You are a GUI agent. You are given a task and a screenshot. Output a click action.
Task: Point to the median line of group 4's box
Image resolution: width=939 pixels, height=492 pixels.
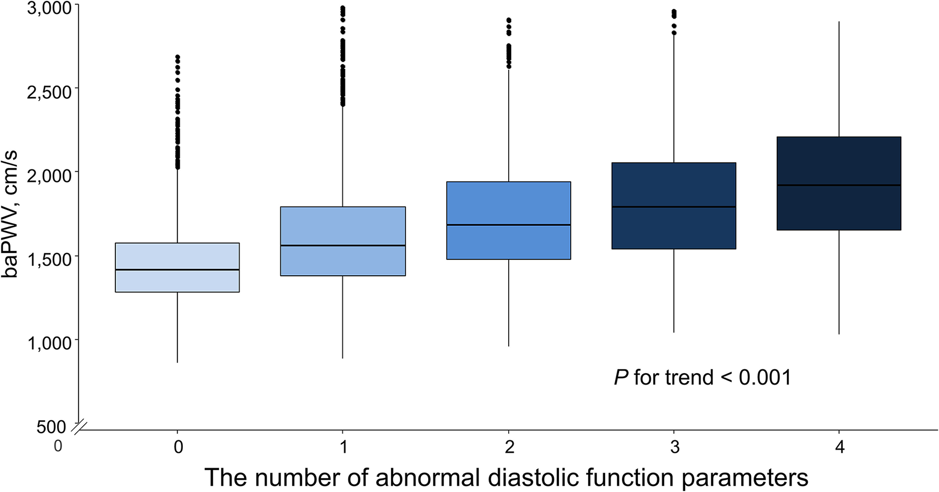(839, 185)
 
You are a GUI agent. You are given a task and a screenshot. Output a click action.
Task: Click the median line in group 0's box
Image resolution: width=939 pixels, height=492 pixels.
(177, 270)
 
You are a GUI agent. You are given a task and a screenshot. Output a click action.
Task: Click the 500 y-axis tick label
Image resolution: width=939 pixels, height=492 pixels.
(51, 427)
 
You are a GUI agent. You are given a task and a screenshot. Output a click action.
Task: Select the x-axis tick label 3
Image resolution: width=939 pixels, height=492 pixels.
(675, 447)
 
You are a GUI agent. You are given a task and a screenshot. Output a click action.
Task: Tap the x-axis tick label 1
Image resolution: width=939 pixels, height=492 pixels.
(343, 447)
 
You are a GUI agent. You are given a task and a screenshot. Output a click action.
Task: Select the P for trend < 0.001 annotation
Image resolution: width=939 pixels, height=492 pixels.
(702, 377)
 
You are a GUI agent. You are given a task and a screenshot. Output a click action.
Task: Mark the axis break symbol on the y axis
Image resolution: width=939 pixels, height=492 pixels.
(79, 427)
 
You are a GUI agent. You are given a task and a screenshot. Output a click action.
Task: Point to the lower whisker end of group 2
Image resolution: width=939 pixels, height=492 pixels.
(509, 346)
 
